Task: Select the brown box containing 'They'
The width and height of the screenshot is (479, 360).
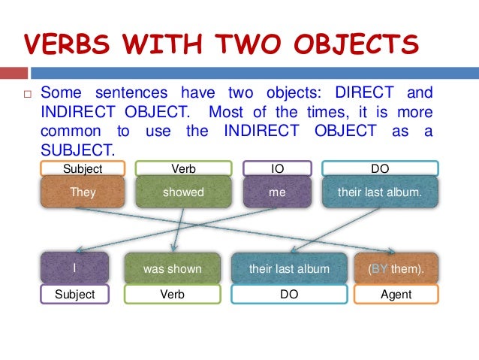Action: click(x=83, y=192)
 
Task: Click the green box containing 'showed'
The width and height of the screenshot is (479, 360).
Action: click(x=183, y=192)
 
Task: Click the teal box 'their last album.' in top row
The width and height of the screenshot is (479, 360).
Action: click(x=380, y=192)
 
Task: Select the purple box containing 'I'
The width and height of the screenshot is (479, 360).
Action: click(x=74, y=268)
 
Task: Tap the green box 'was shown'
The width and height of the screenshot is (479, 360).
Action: click(x=172, y=268)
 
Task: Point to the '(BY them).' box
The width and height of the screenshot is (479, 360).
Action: click(x=396, y=268)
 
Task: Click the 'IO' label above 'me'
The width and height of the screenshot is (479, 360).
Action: click(x=276, y=169)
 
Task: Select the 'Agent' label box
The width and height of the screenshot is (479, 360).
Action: click(x=396, y=294)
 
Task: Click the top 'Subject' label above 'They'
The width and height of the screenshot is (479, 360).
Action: click(x=83, y=169)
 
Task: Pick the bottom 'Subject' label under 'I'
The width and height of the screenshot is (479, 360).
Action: click(x=74, y=294)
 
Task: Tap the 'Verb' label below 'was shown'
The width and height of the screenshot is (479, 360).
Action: click(x=172, y=294)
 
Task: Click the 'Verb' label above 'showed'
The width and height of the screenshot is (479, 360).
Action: click(x=183, y=169)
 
